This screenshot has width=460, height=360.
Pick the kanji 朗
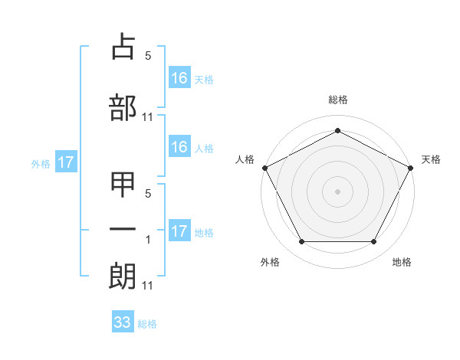pos(123,275)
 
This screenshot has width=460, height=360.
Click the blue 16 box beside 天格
pos(179,77)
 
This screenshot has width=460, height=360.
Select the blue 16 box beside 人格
pos(179,147)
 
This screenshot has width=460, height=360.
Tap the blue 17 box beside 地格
pos(179,231)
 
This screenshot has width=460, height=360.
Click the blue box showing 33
pos(123,322)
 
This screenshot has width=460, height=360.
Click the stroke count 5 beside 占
pos(148,56)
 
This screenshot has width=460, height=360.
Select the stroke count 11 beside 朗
pos(147,286)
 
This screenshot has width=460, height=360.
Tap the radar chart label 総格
pos(337,100)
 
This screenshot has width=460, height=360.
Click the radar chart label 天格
pos(431,159)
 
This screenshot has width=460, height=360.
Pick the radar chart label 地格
pos(402,262)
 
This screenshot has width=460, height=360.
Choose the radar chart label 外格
pos(270,262)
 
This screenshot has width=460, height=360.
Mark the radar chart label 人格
pos(245,159)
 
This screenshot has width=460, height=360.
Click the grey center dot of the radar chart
pos(337,191)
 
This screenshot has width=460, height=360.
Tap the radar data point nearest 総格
pos(337,131)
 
